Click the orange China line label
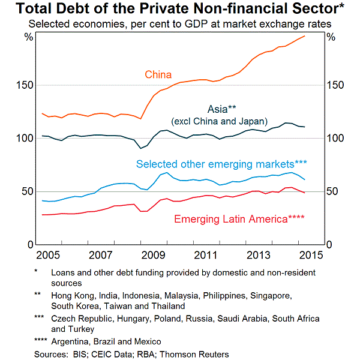click(x=158, y=75)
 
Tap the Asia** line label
click(x=222, y=109)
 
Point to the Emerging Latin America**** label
click(x=239, y=219)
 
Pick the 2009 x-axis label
click(x=154, y=254)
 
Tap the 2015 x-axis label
click(x=311, y=254)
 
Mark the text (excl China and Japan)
click(x=219, y=121)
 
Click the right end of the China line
click(x=304, y=36)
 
